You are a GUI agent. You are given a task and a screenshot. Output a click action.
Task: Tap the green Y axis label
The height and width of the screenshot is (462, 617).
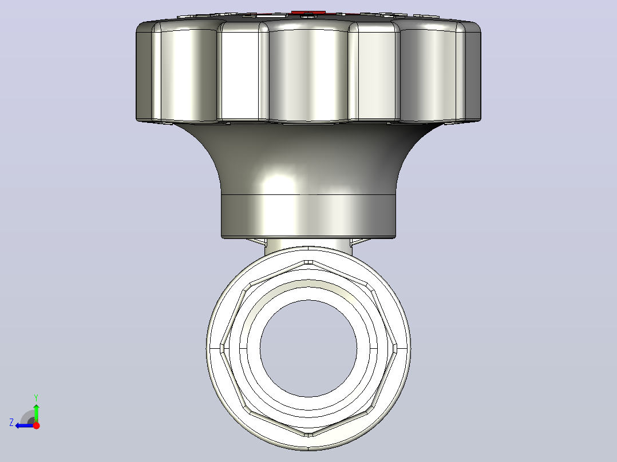[x=36, y=397]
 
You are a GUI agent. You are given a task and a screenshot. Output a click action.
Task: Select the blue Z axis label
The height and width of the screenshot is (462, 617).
[x=11, y=423]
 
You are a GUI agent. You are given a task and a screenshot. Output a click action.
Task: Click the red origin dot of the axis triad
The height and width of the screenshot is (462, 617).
[x=36, y=425]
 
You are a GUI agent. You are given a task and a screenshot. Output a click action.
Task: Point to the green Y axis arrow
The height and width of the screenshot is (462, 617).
[x=36, y=412]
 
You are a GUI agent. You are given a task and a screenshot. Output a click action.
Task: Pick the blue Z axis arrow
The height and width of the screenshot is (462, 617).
[x=25, y=425]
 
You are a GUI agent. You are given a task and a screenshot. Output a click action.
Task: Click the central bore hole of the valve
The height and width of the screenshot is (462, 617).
[x=308, y=348]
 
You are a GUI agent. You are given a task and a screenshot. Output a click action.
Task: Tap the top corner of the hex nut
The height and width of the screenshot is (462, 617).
[x=309, y=262]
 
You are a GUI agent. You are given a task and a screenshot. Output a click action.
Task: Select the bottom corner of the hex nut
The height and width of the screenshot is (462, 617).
[x=309, y=435]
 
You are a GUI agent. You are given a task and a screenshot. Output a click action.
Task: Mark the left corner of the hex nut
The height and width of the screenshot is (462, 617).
[x=222, y=348]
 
